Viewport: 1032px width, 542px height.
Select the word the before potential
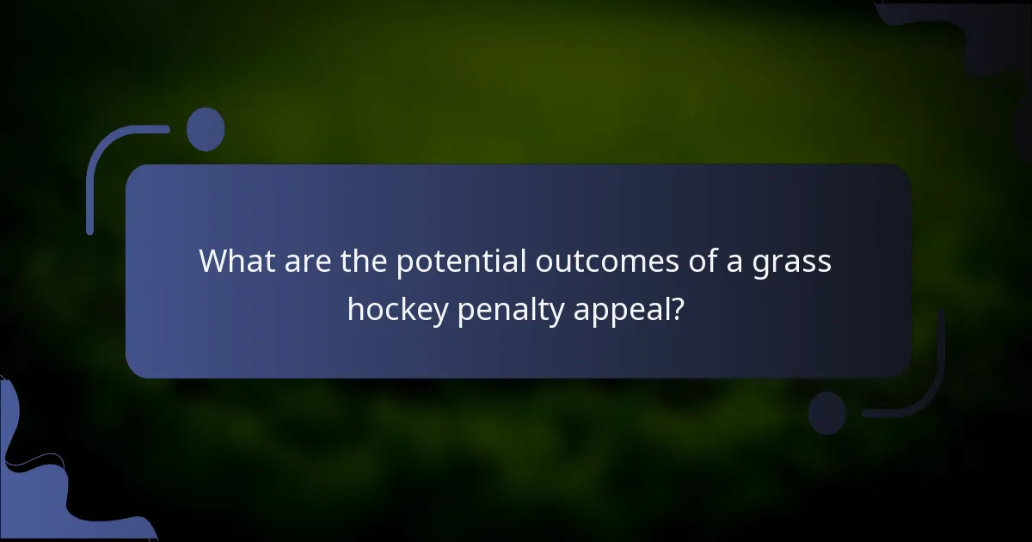[365, 261]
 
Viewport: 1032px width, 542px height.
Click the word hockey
[397, 309]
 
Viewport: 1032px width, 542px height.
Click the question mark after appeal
[679, 308]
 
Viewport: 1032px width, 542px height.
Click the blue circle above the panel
[206, 130]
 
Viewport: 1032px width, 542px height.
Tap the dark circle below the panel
[827, 413]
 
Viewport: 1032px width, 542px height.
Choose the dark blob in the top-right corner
[980, 34]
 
